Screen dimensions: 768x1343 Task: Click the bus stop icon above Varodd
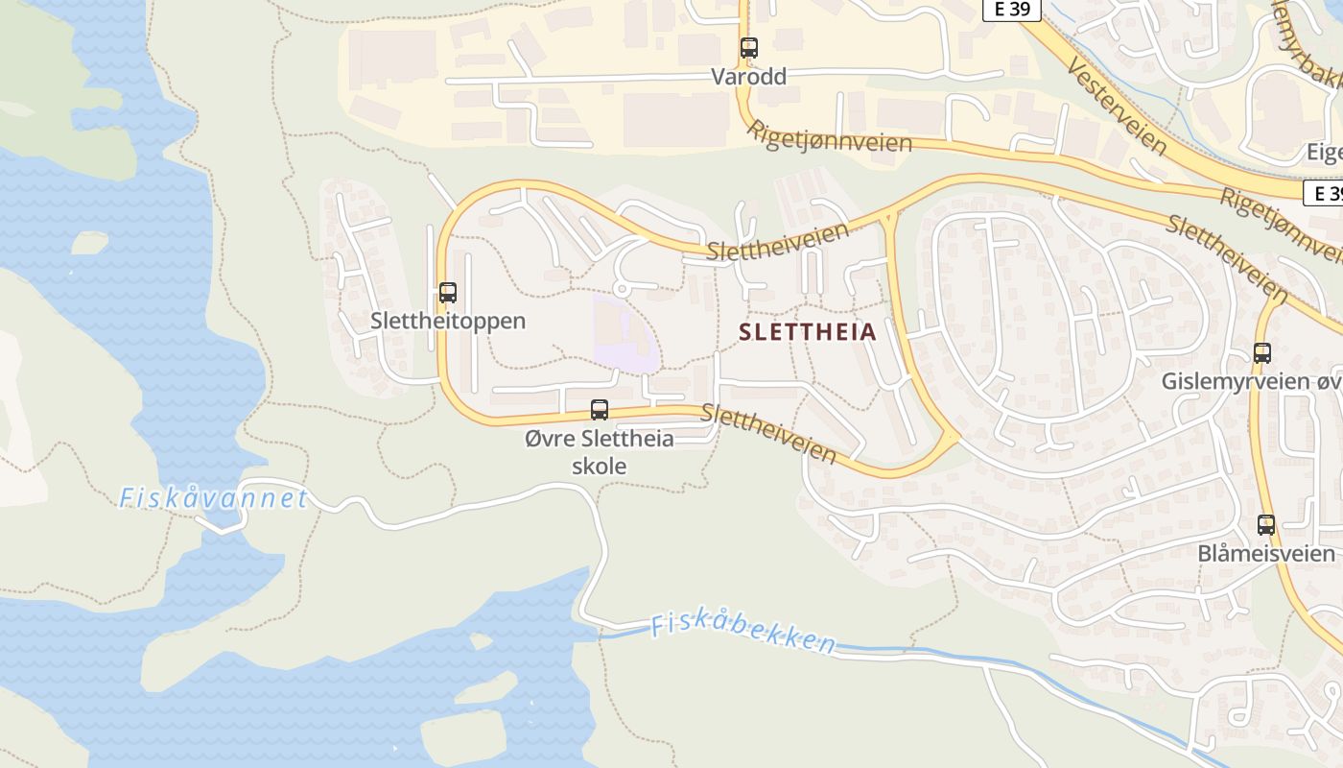pos(748,48)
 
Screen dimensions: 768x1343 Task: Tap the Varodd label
pos(748,76)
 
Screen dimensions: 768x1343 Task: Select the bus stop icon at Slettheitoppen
pos(447,293)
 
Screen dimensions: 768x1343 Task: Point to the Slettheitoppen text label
pos(448,321)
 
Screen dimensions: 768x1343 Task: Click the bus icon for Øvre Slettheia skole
pos(600,410)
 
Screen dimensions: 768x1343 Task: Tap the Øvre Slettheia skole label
pos(600,452)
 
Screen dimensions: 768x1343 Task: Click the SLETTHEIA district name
pos(808,332)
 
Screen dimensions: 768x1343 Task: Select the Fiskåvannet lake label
pos(213,498)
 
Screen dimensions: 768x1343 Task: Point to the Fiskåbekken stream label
pos(742,634)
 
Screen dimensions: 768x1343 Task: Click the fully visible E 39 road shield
pos(1011,10)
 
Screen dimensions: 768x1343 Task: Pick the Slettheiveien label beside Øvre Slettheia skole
pos(768,432)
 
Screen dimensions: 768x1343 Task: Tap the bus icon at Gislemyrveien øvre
pos(1261,353)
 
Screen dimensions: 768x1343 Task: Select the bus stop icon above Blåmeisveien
pos(1266,525)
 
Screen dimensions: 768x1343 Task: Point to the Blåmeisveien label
pos(1265,554)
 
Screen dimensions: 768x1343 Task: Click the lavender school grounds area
pos(624,336)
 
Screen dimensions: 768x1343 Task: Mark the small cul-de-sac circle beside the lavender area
pos(621,288)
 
